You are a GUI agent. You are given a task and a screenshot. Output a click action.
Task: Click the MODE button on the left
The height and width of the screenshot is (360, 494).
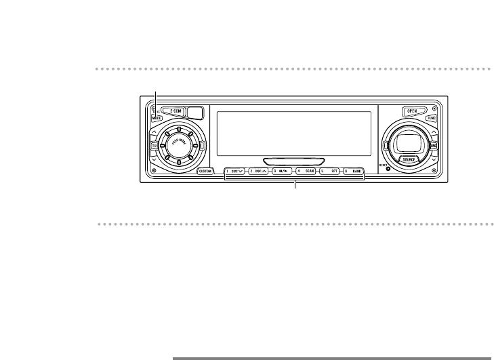point(155,117)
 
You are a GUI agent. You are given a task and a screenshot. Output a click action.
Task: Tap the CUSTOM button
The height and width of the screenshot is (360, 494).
point(206,172)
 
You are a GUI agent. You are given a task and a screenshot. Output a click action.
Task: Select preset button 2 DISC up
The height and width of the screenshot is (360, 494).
point(259,172)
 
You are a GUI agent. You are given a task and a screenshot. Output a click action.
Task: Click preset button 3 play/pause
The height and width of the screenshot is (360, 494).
point(283,172)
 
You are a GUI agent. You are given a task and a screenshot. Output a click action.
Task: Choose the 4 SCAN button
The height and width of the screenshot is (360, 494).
point(306,172)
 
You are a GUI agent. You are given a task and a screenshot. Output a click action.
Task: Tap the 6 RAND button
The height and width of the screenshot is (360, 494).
point(353,172)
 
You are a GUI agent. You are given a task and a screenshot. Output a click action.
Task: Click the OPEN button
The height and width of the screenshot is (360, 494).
point(411,111)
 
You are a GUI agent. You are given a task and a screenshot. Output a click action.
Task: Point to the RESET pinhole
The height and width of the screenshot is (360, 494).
point(388,169)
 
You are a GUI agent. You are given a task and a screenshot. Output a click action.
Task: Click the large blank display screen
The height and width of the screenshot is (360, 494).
point(293,133)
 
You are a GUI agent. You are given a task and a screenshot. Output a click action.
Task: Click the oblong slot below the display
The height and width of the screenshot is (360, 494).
point(294,161)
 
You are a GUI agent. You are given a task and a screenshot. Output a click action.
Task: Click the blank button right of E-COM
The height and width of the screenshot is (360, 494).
point(196,113)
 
